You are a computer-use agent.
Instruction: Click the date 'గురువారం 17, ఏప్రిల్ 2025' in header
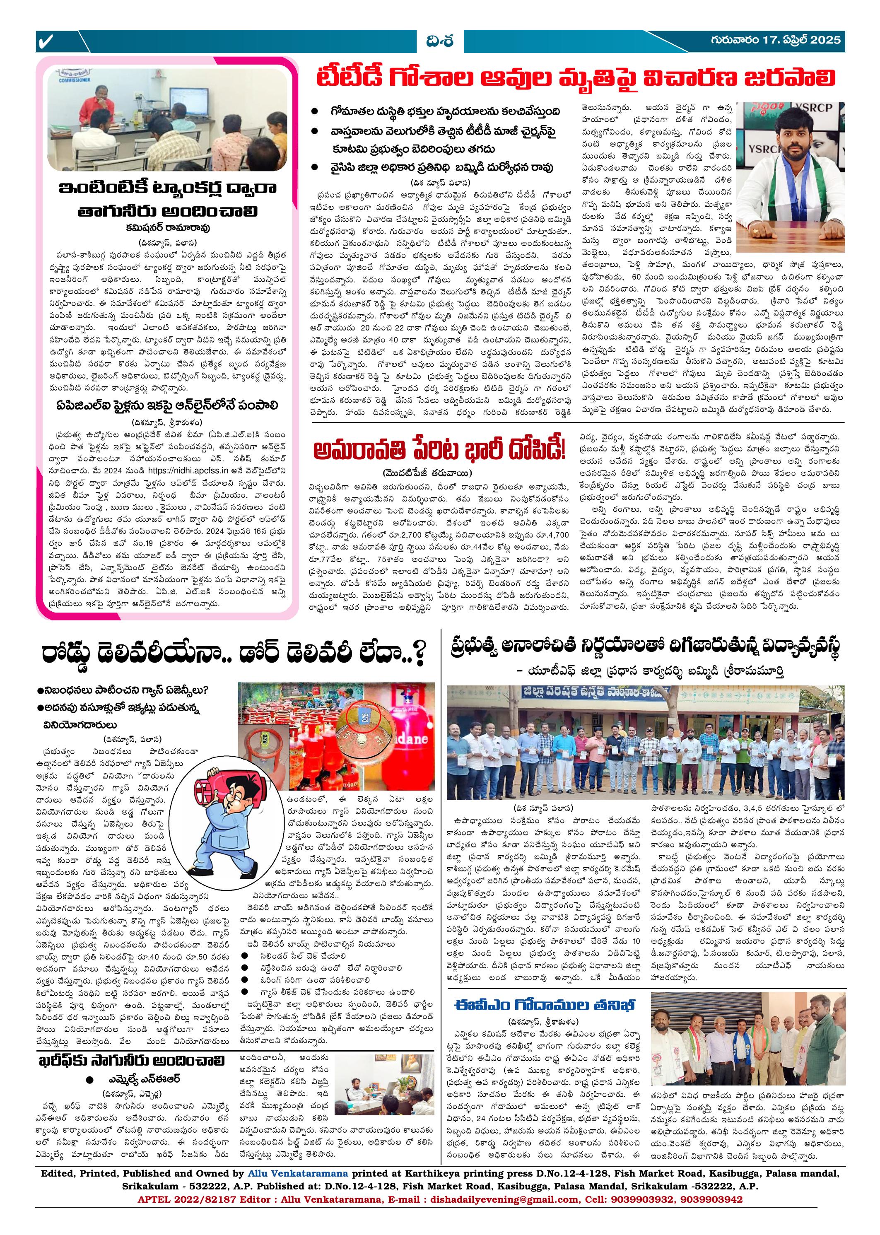pos(776,40)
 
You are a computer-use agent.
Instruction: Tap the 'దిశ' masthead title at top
pos(439,41)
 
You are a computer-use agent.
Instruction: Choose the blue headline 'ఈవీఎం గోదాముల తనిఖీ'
pos(545,1004)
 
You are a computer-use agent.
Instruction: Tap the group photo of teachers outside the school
pos(645,742)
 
